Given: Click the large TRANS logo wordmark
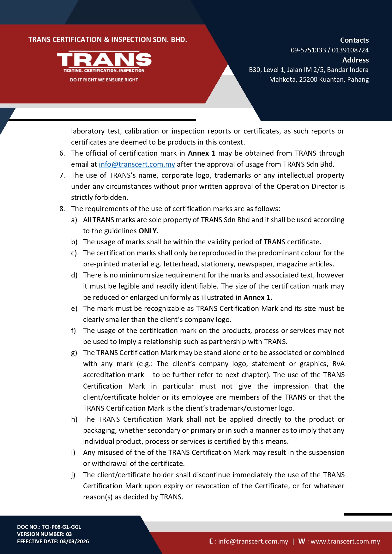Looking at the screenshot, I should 104,60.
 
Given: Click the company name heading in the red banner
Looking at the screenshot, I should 108,40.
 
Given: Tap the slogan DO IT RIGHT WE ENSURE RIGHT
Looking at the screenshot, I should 104,80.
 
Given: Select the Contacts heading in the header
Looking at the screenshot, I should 354,40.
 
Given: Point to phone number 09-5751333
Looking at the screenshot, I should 308,50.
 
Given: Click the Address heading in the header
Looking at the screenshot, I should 355,60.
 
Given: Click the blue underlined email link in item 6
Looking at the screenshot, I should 137,164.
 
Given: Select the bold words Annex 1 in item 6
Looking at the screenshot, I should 202,153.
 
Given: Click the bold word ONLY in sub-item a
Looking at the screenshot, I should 148,231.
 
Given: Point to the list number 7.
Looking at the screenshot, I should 62,175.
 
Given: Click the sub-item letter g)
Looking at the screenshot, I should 74,353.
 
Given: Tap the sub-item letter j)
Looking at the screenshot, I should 73,475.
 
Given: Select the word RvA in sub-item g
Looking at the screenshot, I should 338,364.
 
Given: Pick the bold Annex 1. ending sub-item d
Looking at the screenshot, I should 258,297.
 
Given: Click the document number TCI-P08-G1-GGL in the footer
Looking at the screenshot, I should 61,527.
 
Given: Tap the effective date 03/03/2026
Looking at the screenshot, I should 74,541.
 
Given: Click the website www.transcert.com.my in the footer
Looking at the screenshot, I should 345,541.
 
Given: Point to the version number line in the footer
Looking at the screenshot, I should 45,534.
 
